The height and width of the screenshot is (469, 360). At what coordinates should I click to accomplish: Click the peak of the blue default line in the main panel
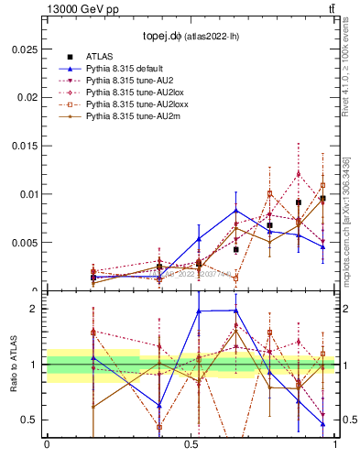[x=236, y=210]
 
